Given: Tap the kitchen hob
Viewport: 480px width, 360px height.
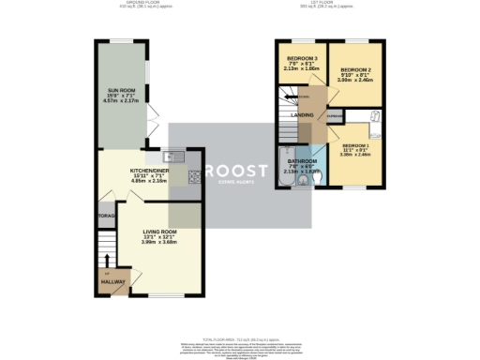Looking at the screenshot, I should (x=193, y=176).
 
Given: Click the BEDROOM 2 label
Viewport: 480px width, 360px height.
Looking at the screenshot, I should (x=356, y=70).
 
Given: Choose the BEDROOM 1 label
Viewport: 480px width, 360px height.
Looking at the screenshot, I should (x=357, y=147).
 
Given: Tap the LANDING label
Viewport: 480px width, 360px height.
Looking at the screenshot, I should (x=302, y=115).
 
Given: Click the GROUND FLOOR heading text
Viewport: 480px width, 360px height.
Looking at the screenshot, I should (x=141, y=4).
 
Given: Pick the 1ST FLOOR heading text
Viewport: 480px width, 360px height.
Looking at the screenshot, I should (x=336, y=4).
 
